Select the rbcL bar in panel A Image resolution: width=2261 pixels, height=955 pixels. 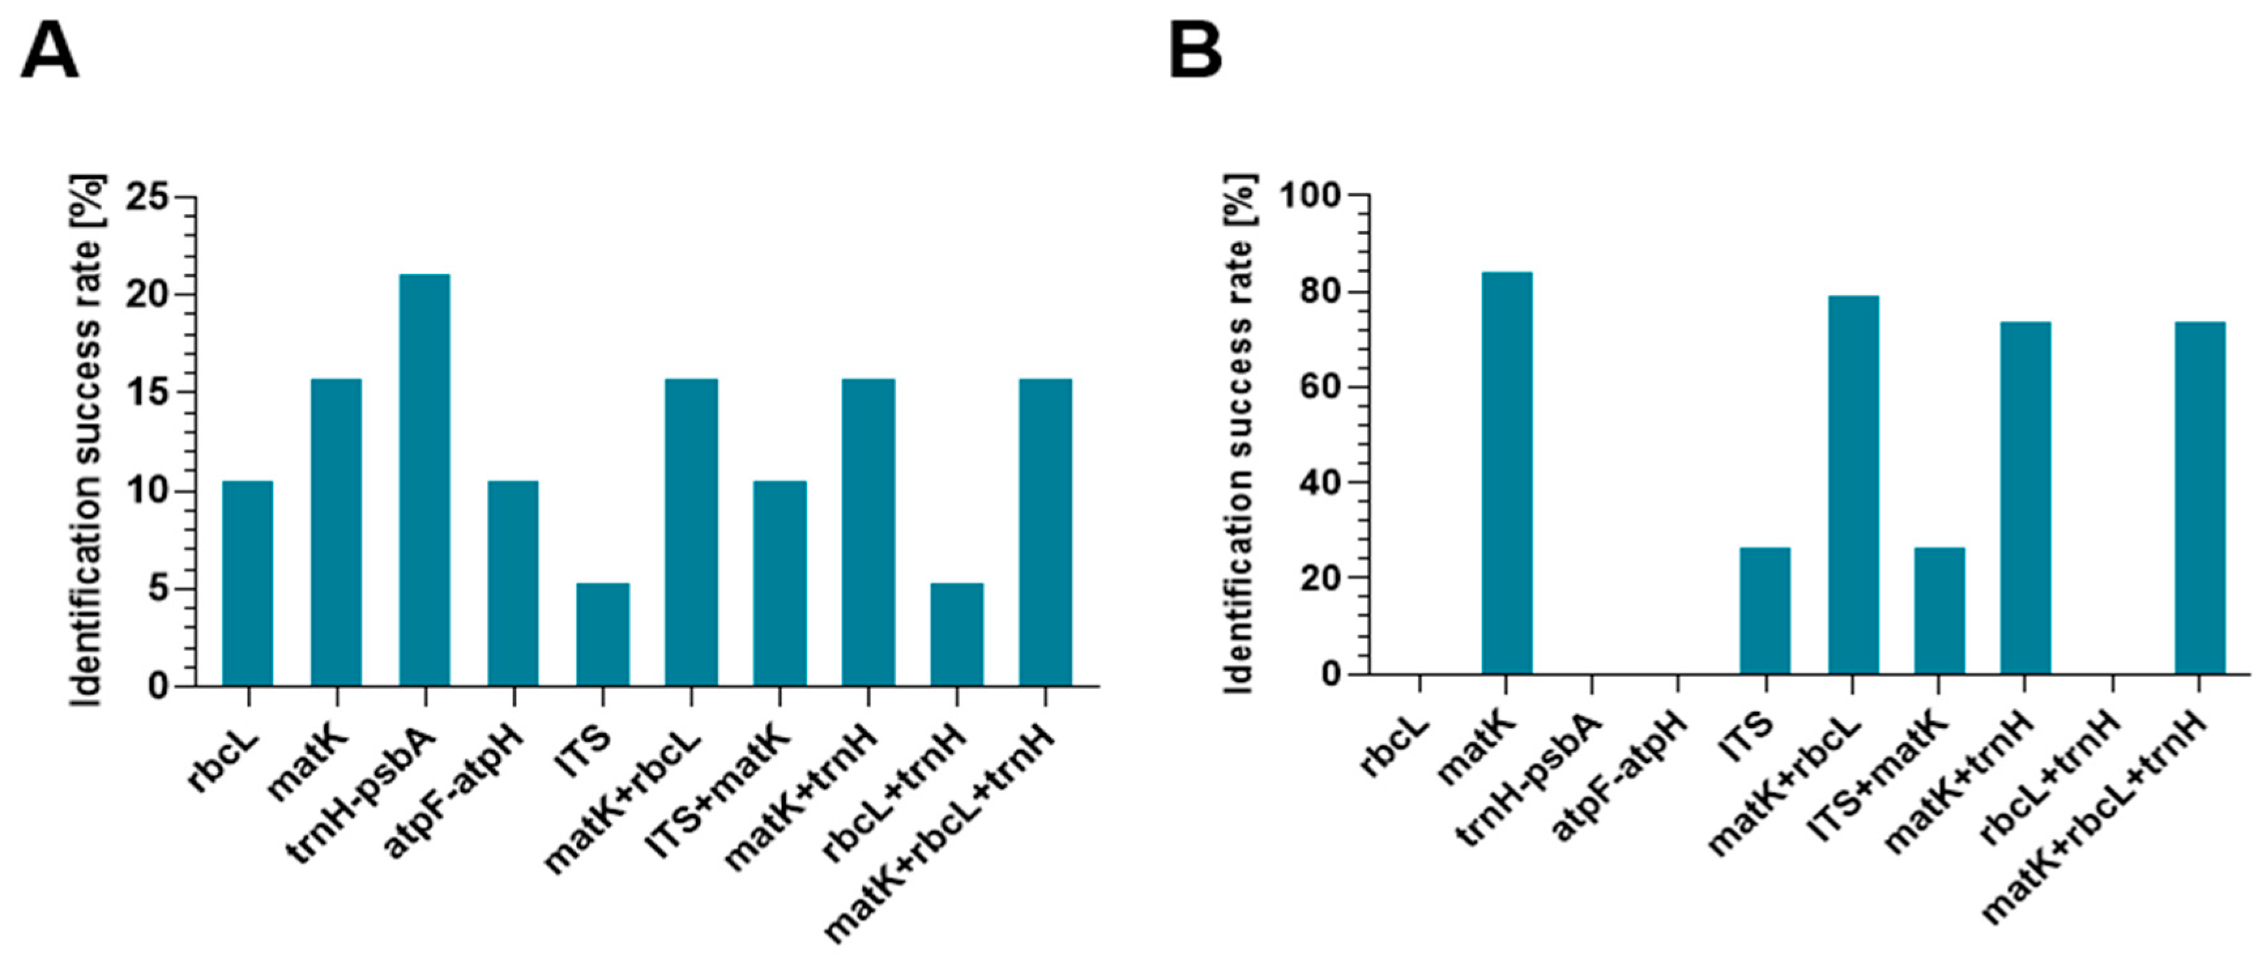(x=247, y=583)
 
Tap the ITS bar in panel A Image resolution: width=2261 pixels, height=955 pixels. (x=603, y=634)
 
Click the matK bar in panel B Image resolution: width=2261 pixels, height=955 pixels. (x=1507, y=473)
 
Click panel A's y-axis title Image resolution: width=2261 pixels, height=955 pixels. (x=87, y=439)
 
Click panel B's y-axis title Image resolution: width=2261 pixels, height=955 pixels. (x=1239, y=435)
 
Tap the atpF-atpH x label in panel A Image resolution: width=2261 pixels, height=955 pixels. (x=456, y=790)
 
